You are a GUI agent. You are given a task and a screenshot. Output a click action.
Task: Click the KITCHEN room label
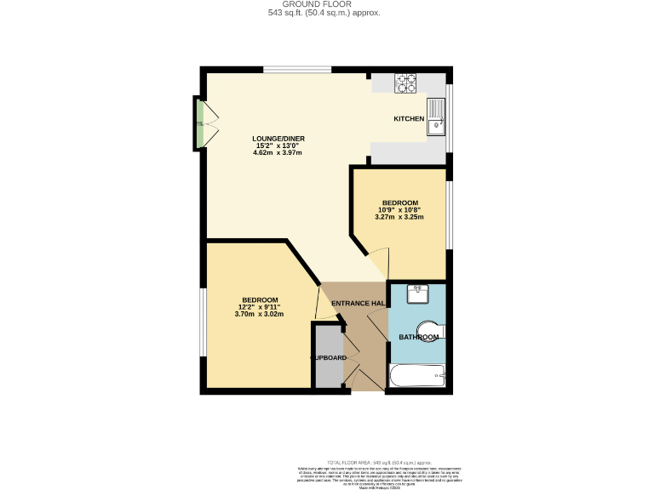[x=408, y=119]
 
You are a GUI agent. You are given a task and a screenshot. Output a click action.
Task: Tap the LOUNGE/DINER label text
[x=278, y=139]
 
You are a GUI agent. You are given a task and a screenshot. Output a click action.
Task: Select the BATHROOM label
[x=419, y=338]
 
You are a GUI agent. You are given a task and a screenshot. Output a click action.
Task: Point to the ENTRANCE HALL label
[x=359, y=304]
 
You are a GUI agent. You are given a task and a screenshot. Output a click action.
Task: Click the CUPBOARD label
[x=329, y=358]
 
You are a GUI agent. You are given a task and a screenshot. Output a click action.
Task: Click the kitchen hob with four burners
[x=405, y=83]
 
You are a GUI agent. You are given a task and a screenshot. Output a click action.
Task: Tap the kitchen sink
[x=436, y=116]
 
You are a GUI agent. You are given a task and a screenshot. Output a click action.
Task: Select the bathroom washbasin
[x=418, y=293]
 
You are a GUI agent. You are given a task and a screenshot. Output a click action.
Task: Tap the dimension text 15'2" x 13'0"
[x=278, y=145]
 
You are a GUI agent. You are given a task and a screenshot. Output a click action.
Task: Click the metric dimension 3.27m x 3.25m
[x=399, y=217]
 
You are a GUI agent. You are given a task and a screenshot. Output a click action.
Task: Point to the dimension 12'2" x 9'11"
[x=259, y=307]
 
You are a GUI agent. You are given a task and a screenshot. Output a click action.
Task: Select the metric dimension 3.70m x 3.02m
[x=259, y=315]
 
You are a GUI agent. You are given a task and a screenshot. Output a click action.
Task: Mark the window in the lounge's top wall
[x=296, y=70]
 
